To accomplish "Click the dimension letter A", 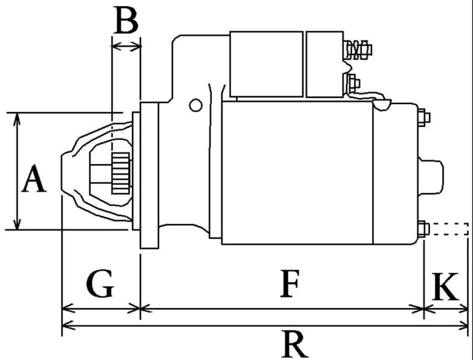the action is (34, 178).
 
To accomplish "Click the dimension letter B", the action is (126, 20).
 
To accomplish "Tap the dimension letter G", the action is (100, 284).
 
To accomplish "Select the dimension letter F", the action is (290, 284).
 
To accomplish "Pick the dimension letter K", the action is (445, 287).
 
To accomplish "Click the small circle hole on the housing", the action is (195, 105).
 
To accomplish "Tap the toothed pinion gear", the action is (121, 173).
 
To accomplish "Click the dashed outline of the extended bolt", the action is (449, 229).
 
